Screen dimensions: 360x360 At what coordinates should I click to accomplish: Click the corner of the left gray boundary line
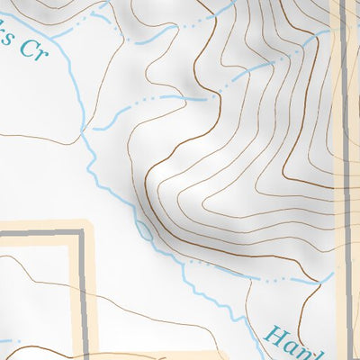[80, 234]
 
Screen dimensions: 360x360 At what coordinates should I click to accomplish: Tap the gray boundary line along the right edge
[343, 180]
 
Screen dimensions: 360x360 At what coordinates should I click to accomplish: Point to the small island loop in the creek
[144, 231]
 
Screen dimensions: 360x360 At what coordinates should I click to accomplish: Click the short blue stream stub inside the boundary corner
[7, 340]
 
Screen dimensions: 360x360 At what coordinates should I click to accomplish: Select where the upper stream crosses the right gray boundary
[343, 27]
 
